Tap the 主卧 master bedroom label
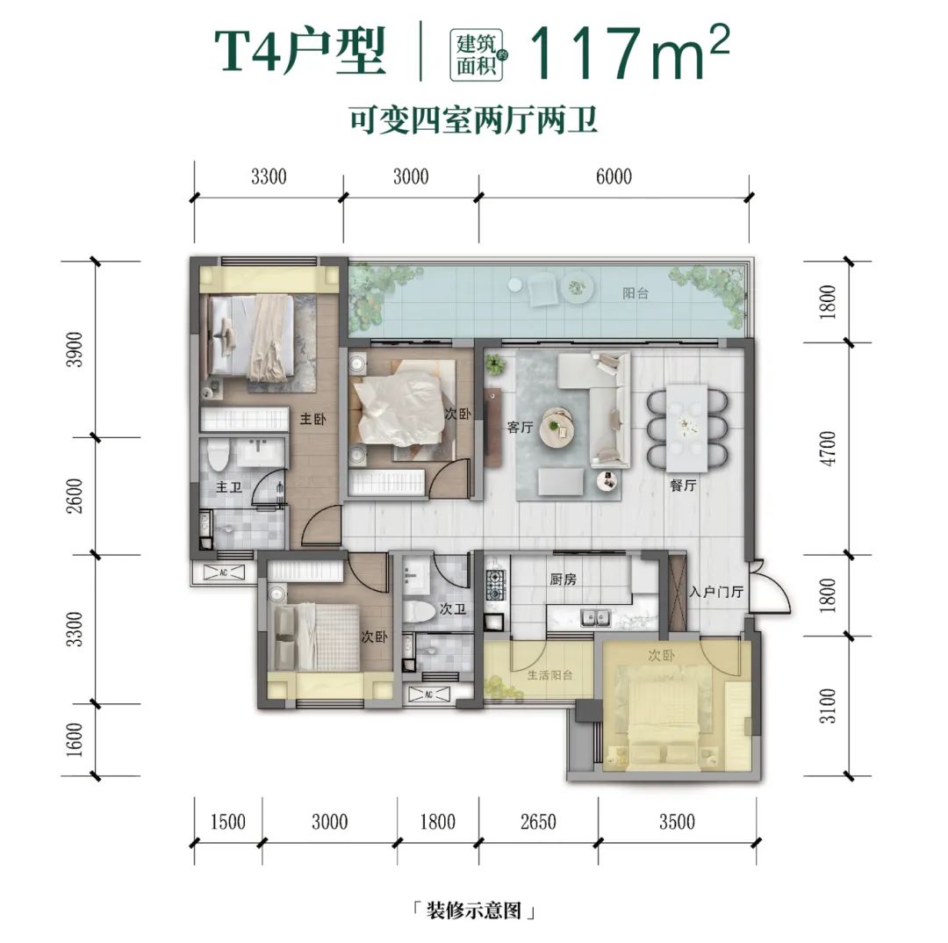point(313,420)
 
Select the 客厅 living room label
point(521,428)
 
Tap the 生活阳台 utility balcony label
point(525,675)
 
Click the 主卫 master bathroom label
point(229,487)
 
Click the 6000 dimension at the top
point(614,176)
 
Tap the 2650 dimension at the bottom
point(538,822)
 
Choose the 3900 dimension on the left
point(76,349)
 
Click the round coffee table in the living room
point(558,426)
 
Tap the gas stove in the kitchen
point(496,586)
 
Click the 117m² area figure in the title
point(628,53)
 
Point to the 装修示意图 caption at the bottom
point(473,911)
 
